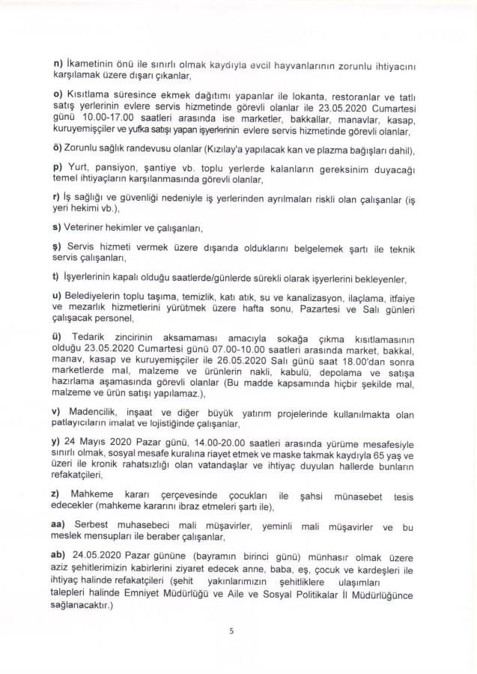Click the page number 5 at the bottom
click(232, 631)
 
